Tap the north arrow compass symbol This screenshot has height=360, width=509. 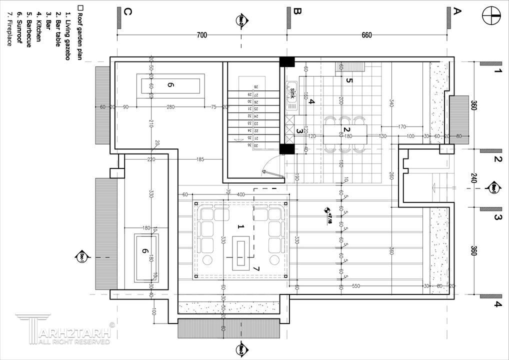[x=492, y=15]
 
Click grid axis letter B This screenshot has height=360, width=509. [x=297, y=12]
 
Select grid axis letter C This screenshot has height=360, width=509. [x=127, y=12]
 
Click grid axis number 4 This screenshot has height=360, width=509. [x=497, y=303]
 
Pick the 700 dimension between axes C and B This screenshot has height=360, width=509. [x=201, y=35]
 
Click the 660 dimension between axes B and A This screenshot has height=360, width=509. [x=366, y=35]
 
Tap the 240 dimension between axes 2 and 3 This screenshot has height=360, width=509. [x=473, y=178]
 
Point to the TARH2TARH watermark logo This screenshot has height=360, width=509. [x=65, y=330]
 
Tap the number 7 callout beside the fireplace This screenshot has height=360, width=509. [x=256, y=268]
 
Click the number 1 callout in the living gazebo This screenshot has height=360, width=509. [x=240, y=226]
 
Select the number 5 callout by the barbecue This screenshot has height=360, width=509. [x=349, y=80]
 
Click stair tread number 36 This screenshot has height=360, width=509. [x=248, y=145]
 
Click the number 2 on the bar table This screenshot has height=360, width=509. [x=354, y=130]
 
